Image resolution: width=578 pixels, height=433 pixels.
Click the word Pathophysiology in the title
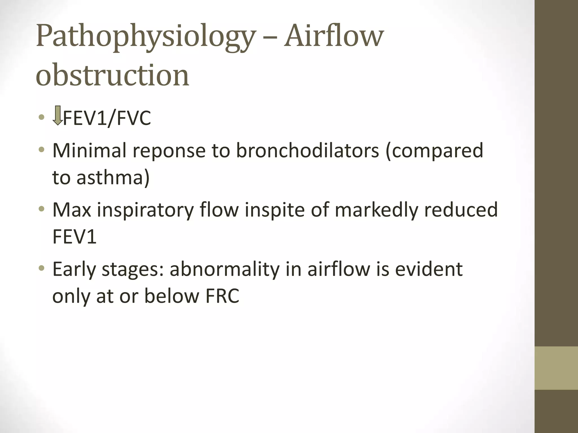[x=145, y=37]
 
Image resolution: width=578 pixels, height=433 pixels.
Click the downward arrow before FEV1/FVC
[x=58, y=115]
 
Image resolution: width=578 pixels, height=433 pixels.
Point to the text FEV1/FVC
[x=107, y=118]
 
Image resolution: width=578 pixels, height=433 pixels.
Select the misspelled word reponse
[x=169, y=151]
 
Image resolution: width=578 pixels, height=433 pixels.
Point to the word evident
[x=429, y=269]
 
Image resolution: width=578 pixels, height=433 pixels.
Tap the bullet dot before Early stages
[x=42, y=268]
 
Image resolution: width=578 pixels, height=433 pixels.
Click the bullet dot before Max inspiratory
[x=42, y=209]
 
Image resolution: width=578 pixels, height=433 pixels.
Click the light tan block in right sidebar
[x=556, y=368]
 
